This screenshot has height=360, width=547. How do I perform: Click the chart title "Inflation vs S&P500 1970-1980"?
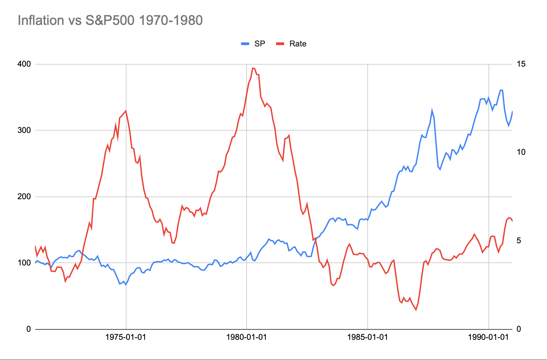pos(110,21)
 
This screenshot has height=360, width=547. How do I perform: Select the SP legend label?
pos(260,44)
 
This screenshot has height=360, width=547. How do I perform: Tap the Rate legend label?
pos(298,44)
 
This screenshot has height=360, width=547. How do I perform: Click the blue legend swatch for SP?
pos(245,44)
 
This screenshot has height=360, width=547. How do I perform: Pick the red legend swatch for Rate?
pos(280,44)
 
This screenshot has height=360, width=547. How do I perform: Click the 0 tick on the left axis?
pos(28,329)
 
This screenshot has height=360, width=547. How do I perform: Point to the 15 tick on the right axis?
pos(521,64)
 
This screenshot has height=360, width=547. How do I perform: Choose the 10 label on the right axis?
pos(521,152)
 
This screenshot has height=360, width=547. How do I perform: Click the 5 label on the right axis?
pos(519,241)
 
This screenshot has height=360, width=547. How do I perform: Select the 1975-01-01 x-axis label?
pos(126,337)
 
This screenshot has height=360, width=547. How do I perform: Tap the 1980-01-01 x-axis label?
pos(247,337)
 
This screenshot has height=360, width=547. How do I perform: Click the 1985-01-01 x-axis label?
pos(368,337)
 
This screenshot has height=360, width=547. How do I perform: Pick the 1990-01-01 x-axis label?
pos(488,337)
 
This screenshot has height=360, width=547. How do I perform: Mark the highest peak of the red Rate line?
pos(253,68)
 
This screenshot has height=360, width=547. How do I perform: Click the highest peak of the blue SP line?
pos(501,90)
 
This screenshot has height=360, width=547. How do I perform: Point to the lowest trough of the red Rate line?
pos(416,310)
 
